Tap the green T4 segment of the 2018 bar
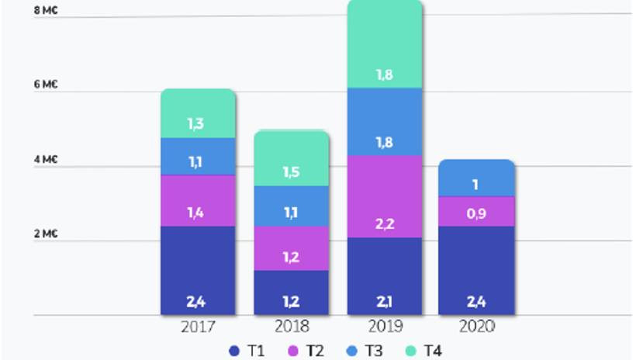(x=292, y=159)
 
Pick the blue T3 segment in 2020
(x=476, y=178)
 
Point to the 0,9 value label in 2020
(x=476, y=210)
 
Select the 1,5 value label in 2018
(x=292, y=171)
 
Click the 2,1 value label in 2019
(x=385, y=301)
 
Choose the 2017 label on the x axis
(x=198, y=327)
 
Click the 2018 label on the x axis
(x=292, y=327)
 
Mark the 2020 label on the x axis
(x=476, y=327)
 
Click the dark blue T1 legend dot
(x=235, y=351)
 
